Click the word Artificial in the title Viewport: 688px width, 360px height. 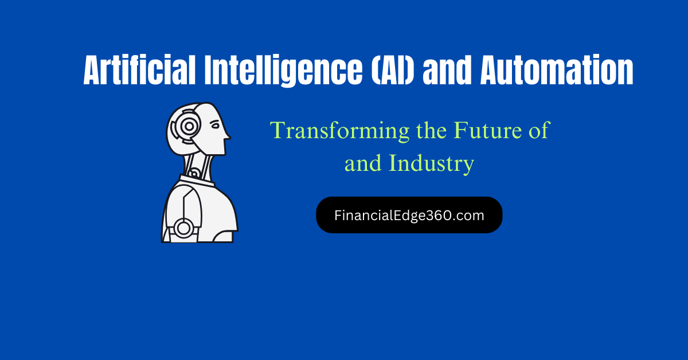pos(139,70)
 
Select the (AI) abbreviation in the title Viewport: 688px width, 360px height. pos(393,71)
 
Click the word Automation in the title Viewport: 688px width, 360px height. pos(557,70)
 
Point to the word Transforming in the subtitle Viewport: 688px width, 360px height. pos(339,131)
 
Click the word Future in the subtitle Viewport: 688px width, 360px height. pos(487,130)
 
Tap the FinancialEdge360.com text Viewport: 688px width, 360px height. pos(409,216)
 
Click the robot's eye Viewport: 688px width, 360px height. pos(214,126)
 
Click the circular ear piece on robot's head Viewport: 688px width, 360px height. pos(189,126)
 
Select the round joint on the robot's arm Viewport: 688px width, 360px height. pos(183,228)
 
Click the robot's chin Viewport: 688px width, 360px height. pos(222,153)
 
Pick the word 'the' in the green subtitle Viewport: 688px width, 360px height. pos(432,131)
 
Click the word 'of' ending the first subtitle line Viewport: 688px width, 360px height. pos(539,130)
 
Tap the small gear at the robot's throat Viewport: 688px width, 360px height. pos(194,174)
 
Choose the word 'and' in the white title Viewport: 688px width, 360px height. pos(447,71)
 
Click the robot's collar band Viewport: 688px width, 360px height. pos(197,181)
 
